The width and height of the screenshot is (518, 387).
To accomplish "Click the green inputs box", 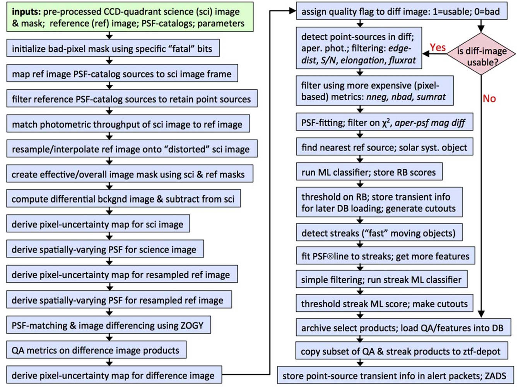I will point(130,17).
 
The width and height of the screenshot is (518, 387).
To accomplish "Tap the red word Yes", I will point(438,47).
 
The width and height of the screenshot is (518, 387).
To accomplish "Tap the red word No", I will point(489,99).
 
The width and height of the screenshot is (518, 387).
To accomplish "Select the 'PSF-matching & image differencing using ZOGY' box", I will point(108,326).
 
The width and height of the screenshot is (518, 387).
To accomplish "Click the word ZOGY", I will point(191,326).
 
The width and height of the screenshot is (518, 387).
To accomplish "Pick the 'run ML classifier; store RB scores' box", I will point(369,172).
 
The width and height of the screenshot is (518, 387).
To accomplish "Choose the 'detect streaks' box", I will point(378,233).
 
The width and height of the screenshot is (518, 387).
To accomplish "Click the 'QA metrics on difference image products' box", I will point(96,350).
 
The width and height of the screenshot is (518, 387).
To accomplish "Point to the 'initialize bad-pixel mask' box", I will point(112,49).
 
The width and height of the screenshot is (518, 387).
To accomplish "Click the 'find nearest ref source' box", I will point(384,148).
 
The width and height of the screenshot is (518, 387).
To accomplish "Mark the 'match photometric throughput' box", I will point(127,124).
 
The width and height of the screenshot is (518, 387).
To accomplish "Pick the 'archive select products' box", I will point(403,328).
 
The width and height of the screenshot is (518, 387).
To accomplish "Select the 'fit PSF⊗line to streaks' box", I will point(385,256).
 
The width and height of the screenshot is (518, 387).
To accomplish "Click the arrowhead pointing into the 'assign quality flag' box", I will point(293,11).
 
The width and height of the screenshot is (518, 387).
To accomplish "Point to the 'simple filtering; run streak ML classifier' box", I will point(381,280).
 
